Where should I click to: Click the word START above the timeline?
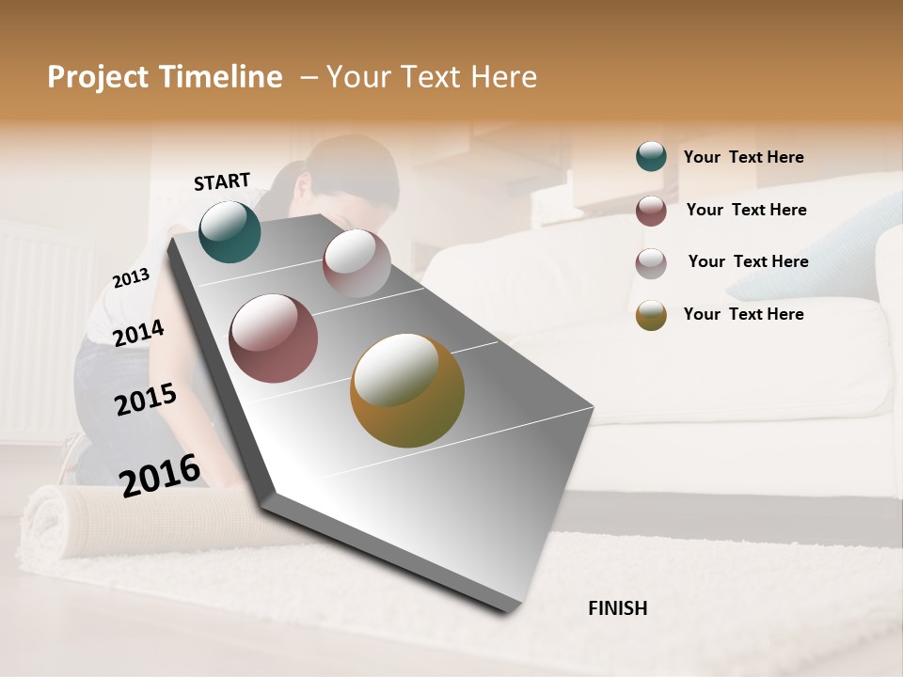(222, 181)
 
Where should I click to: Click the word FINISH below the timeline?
(617, 608)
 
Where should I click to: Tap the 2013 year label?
(131, 278)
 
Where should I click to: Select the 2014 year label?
(138, 333)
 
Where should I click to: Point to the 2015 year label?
(145, 400)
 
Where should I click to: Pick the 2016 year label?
(160, 475)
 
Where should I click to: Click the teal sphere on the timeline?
(230, 231)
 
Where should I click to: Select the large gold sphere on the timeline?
(407, 390)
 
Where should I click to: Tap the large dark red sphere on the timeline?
(274, 338)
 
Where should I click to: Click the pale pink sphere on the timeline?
(356, 262)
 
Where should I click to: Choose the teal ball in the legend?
(651, 157)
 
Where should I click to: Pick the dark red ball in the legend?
(651, 211)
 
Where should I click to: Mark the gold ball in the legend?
(651, 315)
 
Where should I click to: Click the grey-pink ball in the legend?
(651, 263)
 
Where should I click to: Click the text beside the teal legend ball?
(743, 158)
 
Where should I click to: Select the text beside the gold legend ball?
(743, 314)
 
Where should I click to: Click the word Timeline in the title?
(220, 77)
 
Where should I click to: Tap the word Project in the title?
(99, 77)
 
